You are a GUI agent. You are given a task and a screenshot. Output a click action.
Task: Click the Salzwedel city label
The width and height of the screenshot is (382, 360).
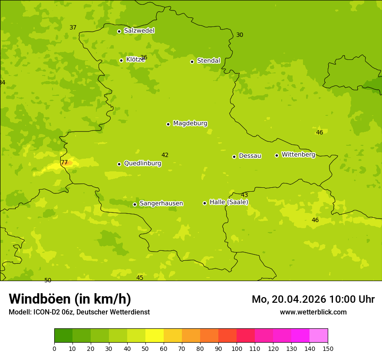point(139,31)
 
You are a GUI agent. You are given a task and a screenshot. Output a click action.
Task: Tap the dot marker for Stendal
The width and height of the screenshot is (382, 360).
point(192,61)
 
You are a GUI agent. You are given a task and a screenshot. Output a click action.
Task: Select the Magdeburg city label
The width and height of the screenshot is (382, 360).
point(190,124)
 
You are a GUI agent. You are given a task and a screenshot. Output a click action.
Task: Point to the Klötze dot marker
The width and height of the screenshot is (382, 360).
point(121,60)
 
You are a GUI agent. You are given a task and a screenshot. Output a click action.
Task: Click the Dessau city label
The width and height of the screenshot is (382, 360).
point(250,156)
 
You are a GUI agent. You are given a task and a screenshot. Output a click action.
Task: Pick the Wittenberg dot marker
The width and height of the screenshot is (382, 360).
point(277,155)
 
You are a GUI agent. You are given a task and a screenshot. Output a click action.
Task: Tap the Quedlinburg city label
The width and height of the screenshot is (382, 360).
point(142,164)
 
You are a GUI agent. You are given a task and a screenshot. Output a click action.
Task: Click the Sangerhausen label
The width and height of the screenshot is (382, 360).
point(161,203)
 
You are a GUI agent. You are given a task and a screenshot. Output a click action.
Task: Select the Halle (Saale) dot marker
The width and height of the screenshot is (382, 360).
point(204,203)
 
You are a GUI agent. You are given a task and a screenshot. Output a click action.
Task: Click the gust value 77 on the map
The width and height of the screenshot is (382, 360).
point(64,163)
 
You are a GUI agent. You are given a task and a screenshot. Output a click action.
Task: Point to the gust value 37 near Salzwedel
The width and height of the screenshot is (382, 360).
point(73,28)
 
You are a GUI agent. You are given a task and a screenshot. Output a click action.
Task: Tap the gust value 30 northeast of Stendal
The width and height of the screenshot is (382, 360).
point(240,35)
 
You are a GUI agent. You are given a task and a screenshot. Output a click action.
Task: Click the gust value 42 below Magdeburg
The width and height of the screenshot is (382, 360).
point(165,155)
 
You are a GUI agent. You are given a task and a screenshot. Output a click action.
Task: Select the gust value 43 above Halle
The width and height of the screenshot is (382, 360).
point(244,195)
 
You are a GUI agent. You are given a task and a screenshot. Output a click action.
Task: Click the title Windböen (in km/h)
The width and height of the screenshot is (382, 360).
point(70,299)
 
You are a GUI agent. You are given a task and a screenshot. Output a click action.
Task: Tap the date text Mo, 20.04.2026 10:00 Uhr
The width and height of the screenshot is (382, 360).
point(313,299)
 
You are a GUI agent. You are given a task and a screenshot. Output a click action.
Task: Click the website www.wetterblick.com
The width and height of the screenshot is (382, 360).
point(313,312)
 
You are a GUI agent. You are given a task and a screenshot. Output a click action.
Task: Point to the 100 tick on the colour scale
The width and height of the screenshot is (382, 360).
point(237,348)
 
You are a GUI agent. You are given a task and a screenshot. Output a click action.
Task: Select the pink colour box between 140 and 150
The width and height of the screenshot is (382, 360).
point(319,335)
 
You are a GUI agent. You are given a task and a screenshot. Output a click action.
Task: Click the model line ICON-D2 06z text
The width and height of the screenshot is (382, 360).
point(79,312)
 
